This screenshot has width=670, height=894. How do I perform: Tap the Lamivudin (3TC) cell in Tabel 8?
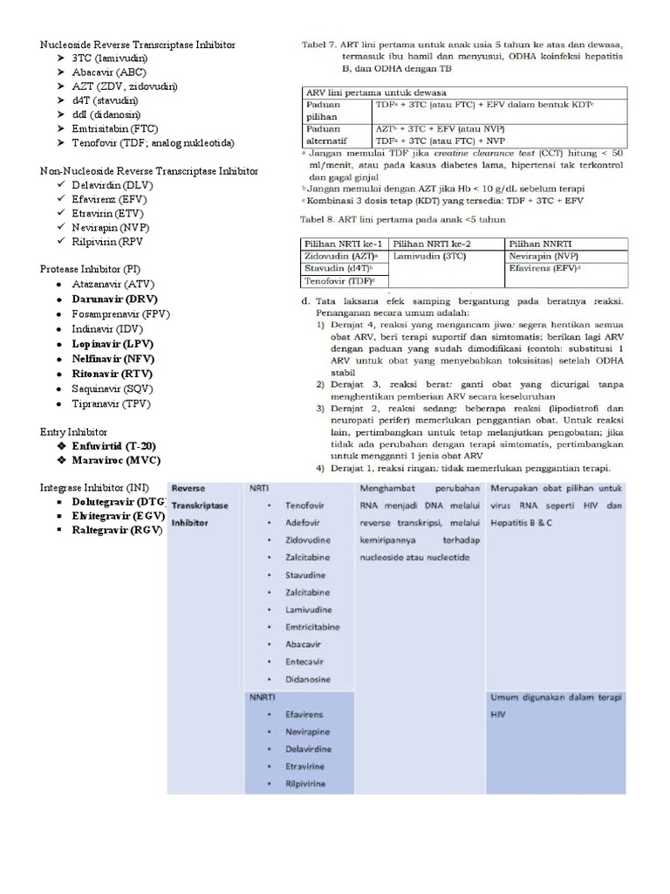point(430,257)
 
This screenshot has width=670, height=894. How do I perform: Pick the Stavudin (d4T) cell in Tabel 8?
point(338,269)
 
